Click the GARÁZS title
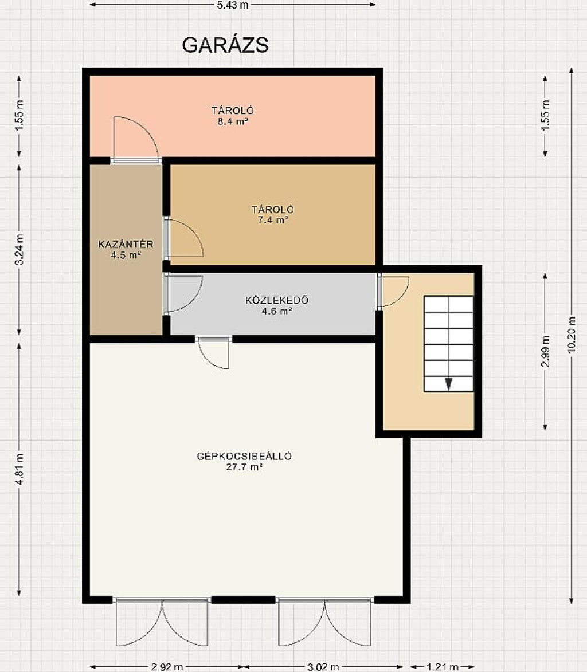point(225,45)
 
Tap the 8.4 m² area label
point(233,121)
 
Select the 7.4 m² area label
point(273,221)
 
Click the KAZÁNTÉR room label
point(126,244)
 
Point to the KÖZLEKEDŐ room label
point(277,300)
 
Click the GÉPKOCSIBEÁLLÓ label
point(244,456)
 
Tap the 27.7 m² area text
point(244,467)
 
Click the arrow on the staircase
point(448,384)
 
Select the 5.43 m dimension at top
point(233,5)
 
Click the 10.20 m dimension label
point(572,335)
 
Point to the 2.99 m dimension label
point(545,351)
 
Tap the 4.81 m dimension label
point(19,469)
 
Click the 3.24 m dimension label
point(19,249)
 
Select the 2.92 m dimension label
point(167,667)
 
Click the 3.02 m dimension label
point(323,667)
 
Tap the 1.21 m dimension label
point(443,667)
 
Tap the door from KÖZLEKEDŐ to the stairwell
point(393,292)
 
